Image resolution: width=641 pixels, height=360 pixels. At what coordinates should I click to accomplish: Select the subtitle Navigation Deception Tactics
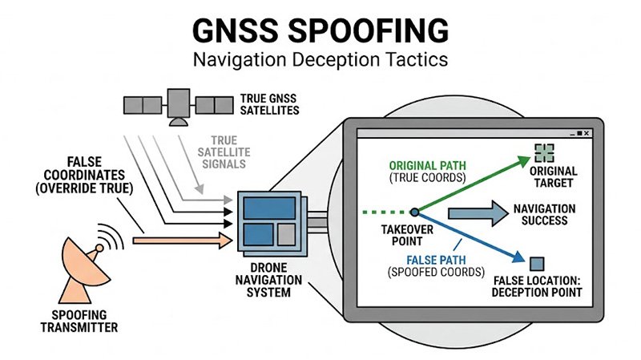[x=320, y=59]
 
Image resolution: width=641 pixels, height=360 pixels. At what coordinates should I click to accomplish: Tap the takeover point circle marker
[x=414, y=212]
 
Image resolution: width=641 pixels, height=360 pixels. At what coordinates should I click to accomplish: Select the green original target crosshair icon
[x=544, y=152]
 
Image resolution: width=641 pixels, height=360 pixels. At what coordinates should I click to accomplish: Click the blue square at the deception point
[x=537, y=263]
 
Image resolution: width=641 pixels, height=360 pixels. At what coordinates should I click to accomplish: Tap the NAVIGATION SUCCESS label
[x=545, y=215]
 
